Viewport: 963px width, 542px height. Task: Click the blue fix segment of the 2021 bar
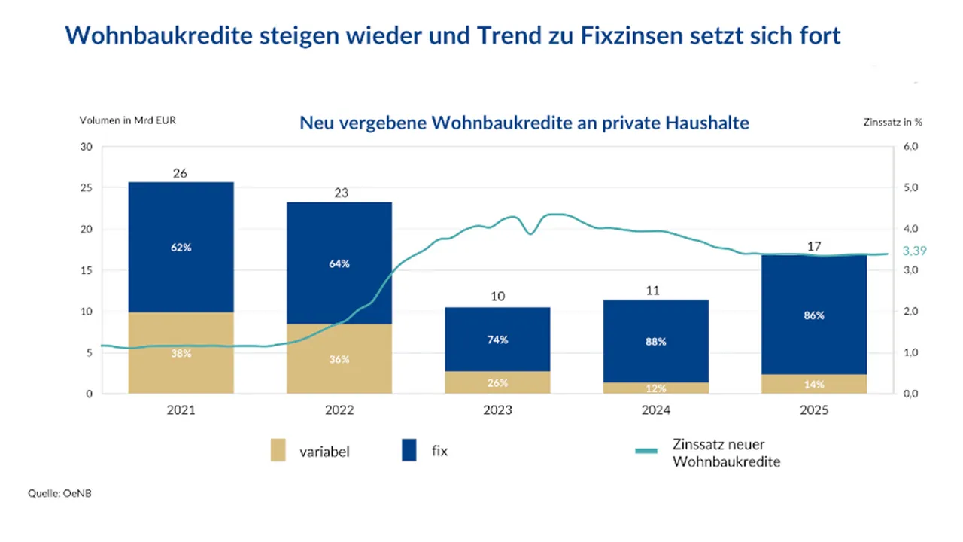pos(181,226)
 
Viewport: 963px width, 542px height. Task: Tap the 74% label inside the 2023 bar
pos(497,340)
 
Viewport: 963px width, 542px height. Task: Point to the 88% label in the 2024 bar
pos(655,342)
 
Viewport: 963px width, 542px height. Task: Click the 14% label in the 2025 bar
pos(814,384)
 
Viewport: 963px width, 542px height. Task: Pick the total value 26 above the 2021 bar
pos(181,173)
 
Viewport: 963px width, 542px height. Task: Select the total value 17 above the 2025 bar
pos(814,246)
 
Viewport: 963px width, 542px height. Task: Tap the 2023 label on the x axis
pos(497,410)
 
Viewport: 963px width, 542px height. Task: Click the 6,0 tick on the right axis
pos(910,147)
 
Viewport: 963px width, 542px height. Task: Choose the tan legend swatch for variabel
pos(278,451)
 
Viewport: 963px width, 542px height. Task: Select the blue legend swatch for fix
pos(409,451)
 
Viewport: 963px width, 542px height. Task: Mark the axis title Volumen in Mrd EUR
pos(128,120)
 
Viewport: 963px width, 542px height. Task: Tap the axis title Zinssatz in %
pos(892,120)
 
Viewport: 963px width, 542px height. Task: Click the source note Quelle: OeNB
pos(60,493)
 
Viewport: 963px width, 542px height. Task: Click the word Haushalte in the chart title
pos(707,123)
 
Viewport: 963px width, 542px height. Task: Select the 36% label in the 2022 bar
pos(339,359)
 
